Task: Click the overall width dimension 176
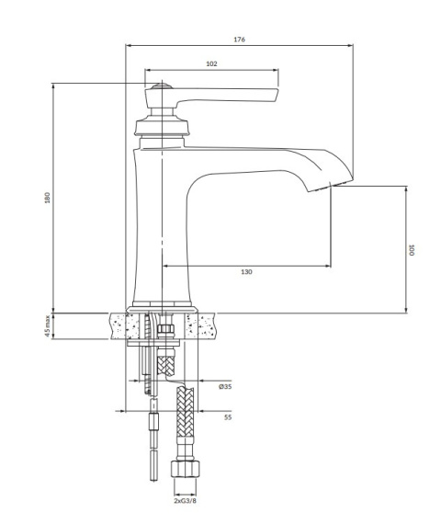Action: [240, 40]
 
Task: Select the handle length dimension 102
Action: [211, 63]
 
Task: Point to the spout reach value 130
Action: [246, 272]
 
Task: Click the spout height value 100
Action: [413, 248]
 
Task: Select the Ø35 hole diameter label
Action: [224, 387]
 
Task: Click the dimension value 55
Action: [227, 416]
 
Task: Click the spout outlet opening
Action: [318, 188]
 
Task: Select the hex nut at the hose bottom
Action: [185, 472]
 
